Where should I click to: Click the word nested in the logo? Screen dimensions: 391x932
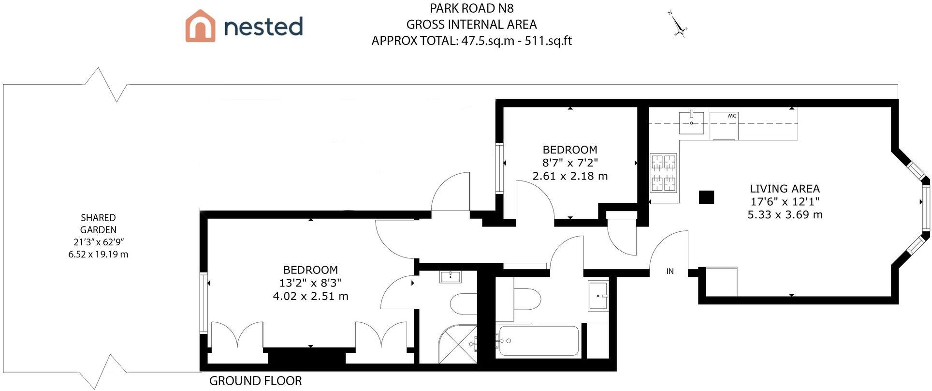[x=263, y=26]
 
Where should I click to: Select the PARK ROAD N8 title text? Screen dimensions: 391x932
[x=471, y=8]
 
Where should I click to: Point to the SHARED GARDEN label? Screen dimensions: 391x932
[x=98, y=224]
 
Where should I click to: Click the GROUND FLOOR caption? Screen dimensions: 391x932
[x=255, y=381]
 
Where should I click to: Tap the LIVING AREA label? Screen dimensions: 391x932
[x=785, y=189]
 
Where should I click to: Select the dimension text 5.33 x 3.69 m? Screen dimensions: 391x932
[x=785, y=215]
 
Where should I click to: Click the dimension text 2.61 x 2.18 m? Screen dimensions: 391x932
[x=570, y=176]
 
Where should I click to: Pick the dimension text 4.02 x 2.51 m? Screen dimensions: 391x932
[x=310, y=296]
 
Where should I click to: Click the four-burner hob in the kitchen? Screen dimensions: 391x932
[x=663, y=173]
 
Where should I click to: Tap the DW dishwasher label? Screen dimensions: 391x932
[x=732, y=116]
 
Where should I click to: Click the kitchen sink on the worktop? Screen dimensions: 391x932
[x=691, y=122]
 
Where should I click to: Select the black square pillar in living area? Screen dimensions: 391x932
[x=706, y=197]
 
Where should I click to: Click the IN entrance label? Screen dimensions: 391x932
[x=670, y=271]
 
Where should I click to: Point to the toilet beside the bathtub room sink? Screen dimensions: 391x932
[x=526, y=300]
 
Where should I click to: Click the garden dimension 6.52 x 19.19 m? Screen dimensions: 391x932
[x=98, y=255]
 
